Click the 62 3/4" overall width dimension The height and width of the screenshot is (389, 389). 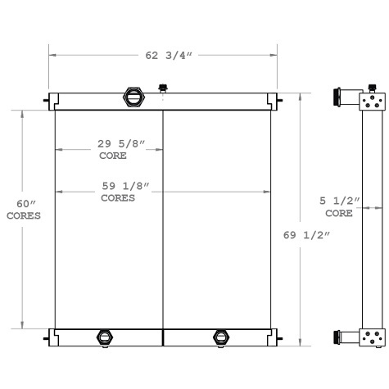[163, 57]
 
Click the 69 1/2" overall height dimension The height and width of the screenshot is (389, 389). [307, 236]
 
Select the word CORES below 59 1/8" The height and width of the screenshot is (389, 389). [118, 198]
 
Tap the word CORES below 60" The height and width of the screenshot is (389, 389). [23, 215]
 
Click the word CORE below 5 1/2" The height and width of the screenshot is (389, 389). [339, 212]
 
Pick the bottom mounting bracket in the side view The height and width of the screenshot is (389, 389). [371, 336]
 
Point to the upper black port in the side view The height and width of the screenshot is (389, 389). [338, 97]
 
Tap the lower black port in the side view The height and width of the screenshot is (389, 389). [338, 336]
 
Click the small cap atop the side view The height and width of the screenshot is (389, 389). [373, 87]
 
